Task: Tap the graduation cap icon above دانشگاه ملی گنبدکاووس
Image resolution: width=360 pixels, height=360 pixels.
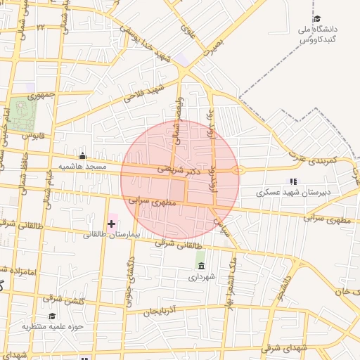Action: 317,19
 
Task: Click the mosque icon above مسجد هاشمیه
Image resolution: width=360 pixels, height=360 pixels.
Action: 83,156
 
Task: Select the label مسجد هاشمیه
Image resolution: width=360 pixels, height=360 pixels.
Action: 82,167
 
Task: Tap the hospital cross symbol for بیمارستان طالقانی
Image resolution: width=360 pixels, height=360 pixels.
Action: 111,224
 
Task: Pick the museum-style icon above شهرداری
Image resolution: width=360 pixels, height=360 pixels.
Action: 202,266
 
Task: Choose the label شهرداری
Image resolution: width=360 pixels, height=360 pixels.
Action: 203,277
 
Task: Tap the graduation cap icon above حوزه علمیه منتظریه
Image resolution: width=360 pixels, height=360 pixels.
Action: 52,316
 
